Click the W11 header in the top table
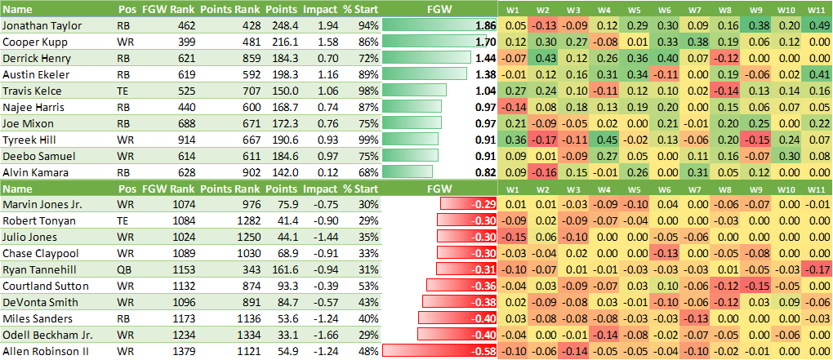[815, 9]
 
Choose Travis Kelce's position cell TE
[124, 91]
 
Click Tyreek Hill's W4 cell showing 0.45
[606, 139]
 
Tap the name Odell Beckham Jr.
[47, 334]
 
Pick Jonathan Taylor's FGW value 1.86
[484, 25]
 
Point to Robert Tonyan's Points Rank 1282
[230, 220]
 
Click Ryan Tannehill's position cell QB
[124, 269]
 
